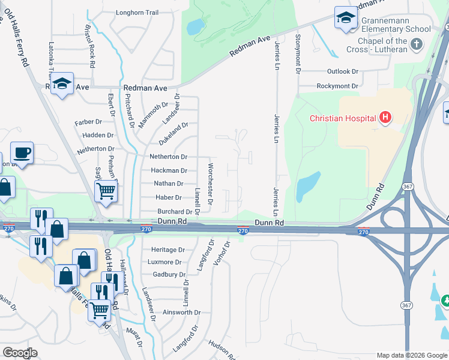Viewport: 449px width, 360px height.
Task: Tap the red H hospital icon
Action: click(385, 118)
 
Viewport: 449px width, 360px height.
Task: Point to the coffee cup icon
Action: click(22, 152)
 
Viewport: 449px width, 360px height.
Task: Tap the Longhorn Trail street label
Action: click(137, 12)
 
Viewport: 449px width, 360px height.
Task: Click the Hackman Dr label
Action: click(169, 171)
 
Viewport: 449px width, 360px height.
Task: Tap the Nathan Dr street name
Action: click(168, 184)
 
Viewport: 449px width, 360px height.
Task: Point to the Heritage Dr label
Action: click(167, 250)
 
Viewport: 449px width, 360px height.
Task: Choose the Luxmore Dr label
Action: click(165, 262)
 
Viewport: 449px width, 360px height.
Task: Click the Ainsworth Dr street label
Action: click(181, 313)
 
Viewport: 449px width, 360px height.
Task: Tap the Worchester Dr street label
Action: click(210, 184)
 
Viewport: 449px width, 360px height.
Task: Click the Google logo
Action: click(20, 353)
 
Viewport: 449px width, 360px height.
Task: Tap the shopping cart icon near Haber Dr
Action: click(106, 191)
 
